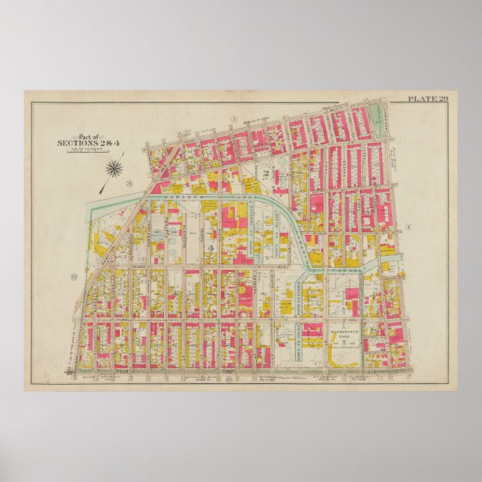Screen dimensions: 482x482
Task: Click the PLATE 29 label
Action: [x=427, y=99]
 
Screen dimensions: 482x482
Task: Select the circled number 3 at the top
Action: [x=233, y=119]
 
